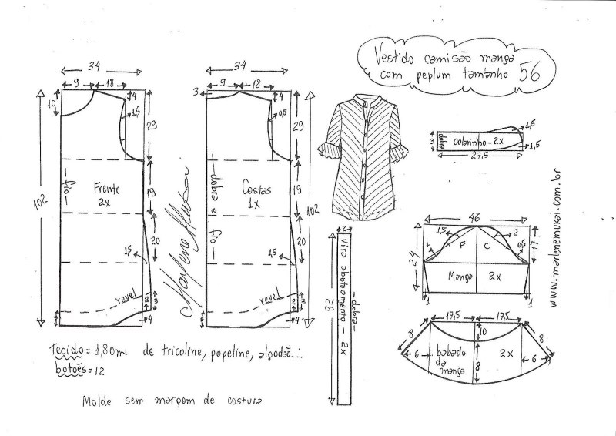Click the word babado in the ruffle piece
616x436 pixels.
coord(447,346)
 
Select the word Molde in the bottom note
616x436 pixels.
coord(99,401)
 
